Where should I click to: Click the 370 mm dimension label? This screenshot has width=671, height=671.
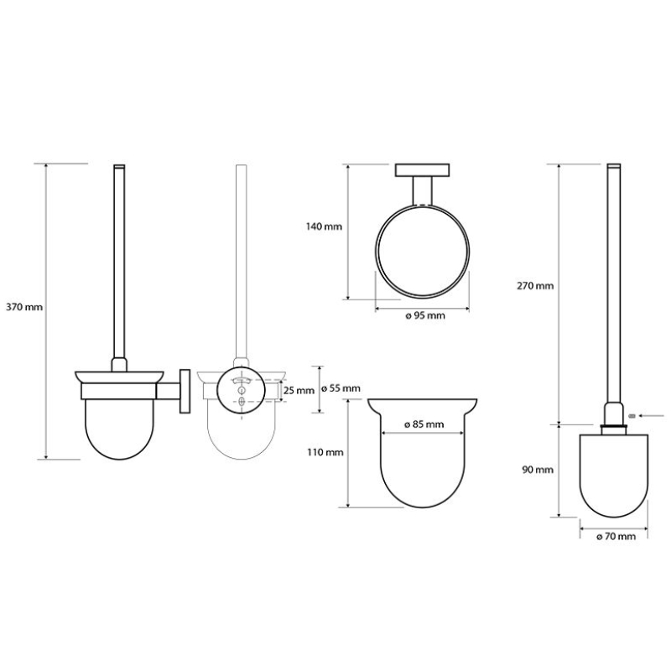(x=24, y=307)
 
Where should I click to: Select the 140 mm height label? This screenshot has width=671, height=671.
(x=324, y=226)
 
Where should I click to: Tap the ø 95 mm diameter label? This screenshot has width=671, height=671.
(x=425, y=316)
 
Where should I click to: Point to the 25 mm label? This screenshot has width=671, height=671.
(x=299, y=391)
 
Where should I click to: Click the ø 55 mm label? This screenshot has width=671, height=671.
(x=341, y=388)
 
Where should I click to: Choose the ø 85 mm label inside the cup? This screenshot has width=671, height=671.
(x=424, y=424)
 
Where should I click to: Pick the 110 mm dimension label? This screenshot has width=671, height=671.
(x=325, y=452)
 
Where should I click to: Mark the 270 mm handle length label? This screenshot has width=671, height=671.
(x=535, y=286)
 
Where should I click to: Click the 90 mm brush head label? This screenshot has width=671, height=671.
(x=538, y=470)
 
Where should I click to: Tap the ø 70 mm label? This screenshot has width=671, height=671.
(x=616, y=537)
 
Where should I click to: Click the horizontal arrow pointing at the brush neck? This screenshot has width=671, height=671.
(x=651, y=415)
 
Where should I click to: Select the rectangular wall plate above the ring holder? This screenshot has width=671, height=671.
(x=423, y=170)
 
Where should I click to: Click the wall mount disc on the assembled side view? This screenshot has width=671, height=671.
(x=185, y=391)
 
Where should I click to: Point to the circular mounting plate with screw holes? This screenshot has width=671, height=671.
(x=242, y=390)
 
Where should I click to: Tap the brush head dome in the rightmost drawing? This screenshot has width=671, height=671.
(x=614, y=476)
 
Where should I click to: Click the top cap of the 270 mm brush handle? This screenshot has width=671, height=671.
(x=614, y=165)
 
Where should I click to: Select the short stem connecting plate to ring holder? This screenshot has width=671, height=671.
(x=423, y=191)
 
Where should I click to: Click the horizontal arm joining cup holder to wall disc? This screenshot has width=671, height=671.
(x=169, y=391)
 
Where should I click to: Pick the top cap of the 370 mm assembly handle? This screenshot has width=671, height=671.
(x=119, y=165)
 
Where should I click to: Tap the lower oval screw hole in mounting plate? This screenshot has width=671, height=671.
(x=242, y=402)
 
